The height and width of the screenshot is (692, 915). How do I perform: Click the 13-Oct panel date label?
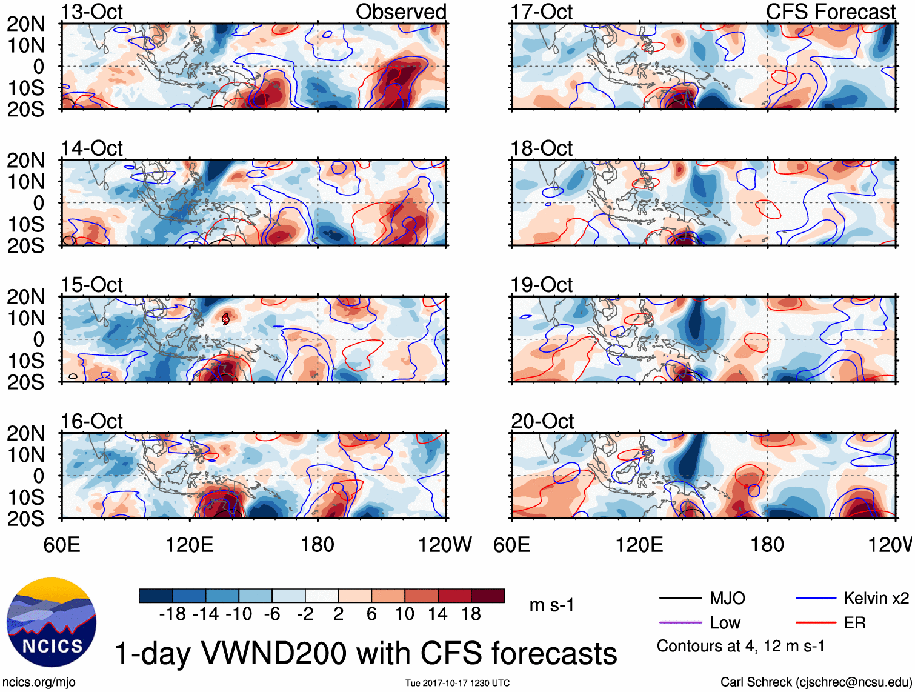(x=91, y=12)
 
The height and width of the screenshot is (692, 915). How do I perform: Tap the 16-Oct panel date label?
(x=91, y=421)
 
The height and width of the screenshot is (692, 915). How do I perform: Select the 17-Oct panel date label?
(x=542, y=12)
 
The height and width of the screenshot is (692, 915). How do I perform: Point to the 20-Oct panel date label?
(x=542, y=421)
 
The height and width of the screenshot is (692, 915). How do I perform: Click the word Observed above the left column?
(x=401, y=12)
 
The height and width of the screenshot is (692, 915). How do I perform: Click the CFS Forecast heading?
(x=830, y=12)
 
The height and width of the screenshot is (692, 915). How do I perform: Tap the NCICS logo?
(x=52, y=622)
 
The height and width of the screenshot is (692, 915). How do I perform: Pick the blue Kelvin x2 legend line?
(x=816, y=599)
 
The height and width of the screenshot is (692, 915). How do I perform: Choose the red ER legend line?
(x=816, y=623)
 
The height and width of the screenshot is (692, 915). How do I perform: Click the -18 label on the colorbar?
(x=172, y=614)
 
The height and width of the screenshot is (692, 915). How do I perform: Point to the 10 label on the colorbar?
(x=404, y=614)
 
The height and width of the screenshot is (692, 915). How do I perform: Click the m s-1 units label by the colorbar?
(x=551, y=605)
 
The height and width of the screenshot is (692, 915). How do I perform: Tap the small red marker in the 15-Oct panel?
(x=225, y=319)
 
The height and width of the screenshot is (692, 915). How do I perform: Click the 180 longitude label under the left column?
(x=318, y=545)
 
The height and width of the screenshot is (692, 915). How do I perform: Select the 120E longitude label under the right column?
(x=639, y=545)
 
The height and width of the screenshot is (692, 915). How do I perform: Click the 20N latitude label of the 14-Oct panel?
(x=25, y=161)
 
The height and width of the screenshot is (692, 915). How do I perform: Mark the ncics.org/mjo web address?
(x=39, y=682)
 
